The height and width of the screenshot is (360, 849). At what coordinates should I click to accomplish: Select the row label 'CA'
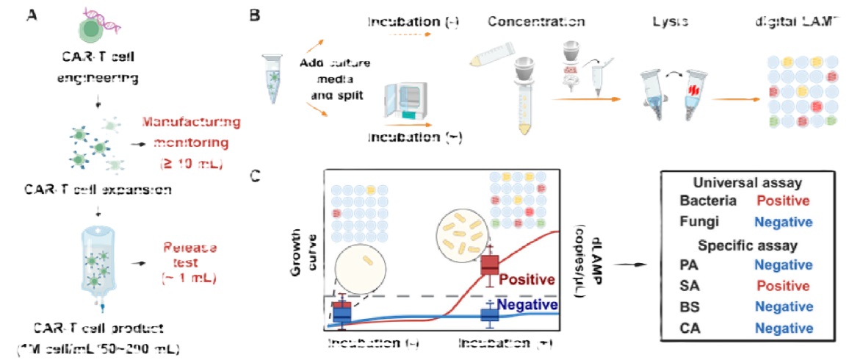click(689, 327)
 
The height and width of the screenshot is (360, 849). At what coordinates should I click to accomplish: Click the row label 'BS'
click(689, 306)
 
